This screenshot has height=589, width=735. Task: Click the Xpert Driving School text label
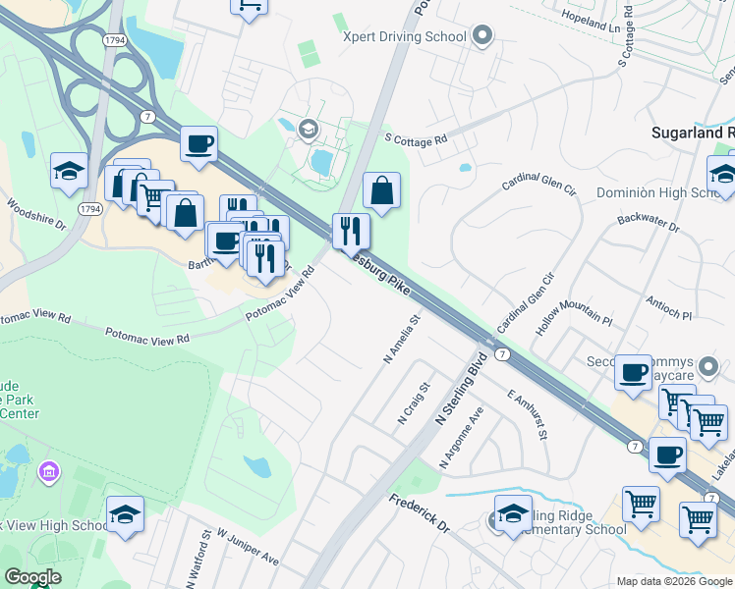pos(403,37)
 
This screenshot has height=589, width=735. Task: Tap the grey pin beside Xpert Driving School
pos(481,37)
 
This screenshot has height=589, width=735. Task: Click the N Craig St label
pos(414,404)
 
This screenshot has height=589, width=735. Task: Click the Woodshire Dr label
pos(35,215)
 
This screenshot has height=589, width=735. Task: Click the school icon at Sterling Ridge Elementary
pos(513,515)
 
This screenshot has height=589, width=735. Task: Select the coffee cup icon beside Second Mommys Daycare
pos(635,373)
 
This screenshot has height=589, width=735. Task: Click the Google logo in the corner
pos(32,577)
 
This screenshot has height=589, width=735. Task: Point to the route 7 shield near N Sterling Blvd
pos(501,353)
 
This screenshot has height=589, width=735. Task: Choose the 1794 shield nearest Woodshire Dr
pos(89,209)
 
